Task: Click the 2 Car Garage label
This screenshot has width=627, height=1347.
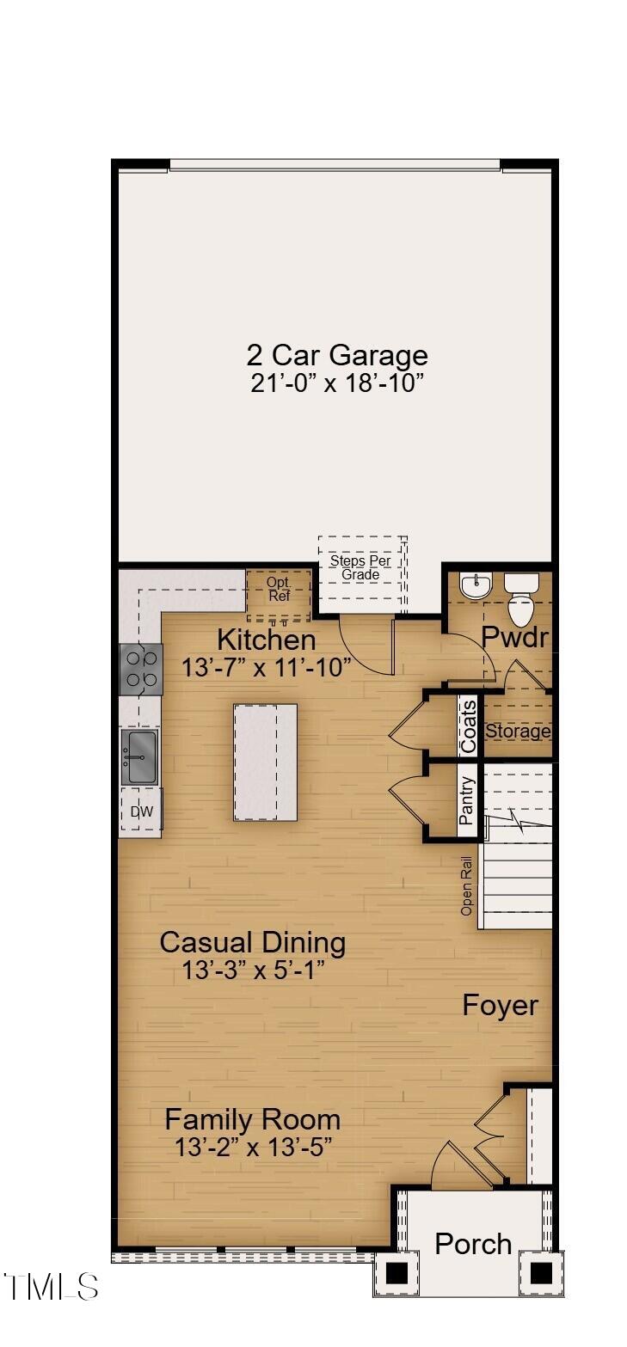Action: click(x=336, y=355)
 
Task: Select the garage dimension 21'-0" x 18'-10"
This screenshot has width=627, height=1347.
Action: click(x=336, y=383)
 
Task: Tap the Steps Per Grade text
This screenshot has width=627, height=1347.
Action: click(x=360, y=567)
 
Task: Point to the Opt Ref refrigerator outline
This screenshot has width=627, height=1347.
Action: click(x=279, y=592)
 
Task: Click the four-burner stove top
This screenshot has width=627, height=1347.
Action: click(x=140, y=669)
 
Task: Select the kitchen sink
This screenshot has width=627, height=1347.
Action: click(x=138, y=756)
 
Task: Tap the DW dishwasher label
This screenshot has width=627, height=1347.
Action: click(x=140, y=811)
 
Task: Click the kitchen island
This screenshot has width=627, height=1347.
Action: click(x=265, y=762)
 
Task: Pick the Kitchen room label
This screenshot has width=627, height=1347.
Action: click(x=266, y=640)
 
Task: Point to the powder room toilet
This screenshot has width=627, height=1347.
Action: click(x=521, y=602)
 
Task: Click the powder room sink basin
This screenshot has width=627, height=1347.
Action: click(x=474, y=587)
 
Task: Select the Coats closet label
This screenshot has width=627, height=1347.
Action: click(x=469, y=727)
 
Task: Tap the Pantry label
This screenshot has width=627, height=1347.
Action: click(x=467, y=801)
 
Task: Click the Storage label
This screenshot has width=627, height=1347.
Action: click(x=518, y=732)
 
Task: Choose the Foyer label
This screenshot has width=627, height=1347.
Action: click(x=501, y=1005)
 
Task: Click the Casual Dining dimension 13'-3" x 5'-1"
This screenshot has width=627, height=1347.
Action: click(x=252, y=970)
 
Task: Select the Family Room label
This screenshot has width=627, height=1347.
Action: click(x=252, y=1119)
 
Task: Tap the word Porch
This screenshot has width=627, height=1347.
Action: click(x=473, y=1243)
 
